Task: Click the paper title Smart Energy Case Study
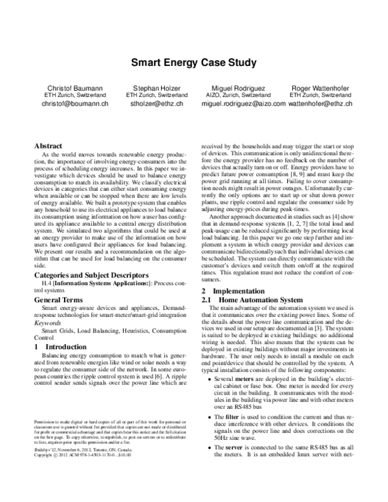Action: (x=195, y=63)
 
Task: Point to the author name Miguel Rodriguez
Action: (x=240, y=87)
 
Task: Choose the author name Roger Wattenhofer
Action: (x=321, y=87)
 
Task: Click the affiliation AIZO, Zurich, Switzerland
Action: (x=240, y=94)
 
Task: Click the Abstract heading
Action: (x=48, y=147)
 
